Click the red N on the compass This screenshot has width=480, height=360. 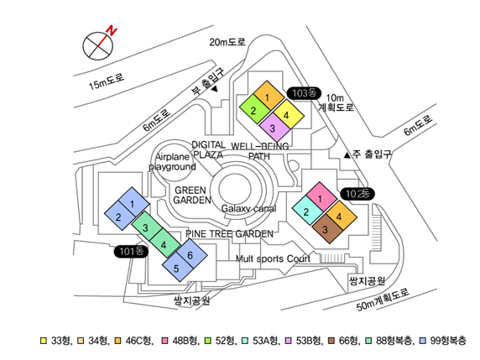pos(112,31)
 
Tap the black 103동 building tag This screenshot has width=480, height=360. pos(304,93)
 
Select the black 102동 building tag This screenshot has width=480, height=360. pos(357,194)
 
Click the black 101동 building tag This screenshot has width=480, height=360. pos(131,252)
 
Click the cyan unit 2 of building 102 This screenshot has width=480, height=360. pos(308,211)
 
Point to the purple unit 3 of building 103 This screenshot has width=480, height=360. pos(274,128)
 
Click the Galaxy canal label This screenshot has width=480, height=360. pos(248,209)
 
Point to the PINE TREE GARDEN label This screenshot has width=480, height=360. pos(229,234)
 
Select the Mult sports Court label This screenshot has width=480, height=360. pos(273,259)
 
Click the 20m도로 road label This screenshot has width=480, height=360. pos(227,42)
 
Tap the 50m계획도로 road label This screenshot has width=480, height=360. pos(383,299)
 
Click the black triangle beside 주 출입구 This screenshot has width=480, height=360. pos(347,155)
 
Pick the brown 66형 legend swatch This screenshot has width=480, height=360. pos(331,341)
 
